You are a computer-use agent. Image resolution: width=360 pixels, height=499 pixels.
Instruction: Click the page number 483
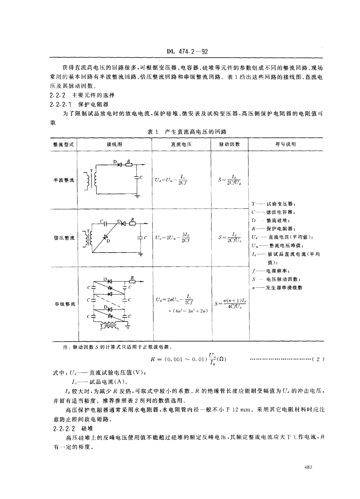(308, 467)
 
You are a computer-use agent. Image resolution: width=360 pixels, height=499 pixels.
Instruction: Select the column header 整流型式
(64, 144)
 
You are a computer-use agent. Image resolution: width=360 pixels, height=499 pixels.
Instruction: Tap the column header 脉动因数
(229, 144)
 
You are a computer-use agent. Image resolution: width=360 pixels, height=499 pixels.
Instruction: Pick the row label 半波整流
(64, 180)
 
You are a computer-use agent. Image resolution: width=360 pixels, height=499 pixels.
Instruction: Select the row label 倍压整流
(64, 238)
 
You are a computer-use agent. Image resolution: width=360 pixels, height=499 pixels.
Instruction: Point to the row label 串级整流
(64, 304)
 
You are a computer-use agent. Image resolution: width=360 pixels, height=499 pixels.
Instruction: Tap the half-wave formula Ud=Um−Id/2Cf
(171, 180)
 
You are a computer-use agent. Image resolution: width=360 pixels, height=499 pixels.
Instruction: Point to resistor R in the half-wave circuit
(129, 164)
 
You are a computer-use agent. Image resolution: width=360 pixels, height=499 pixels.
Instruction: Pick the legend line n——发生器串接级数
(277, 287)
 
